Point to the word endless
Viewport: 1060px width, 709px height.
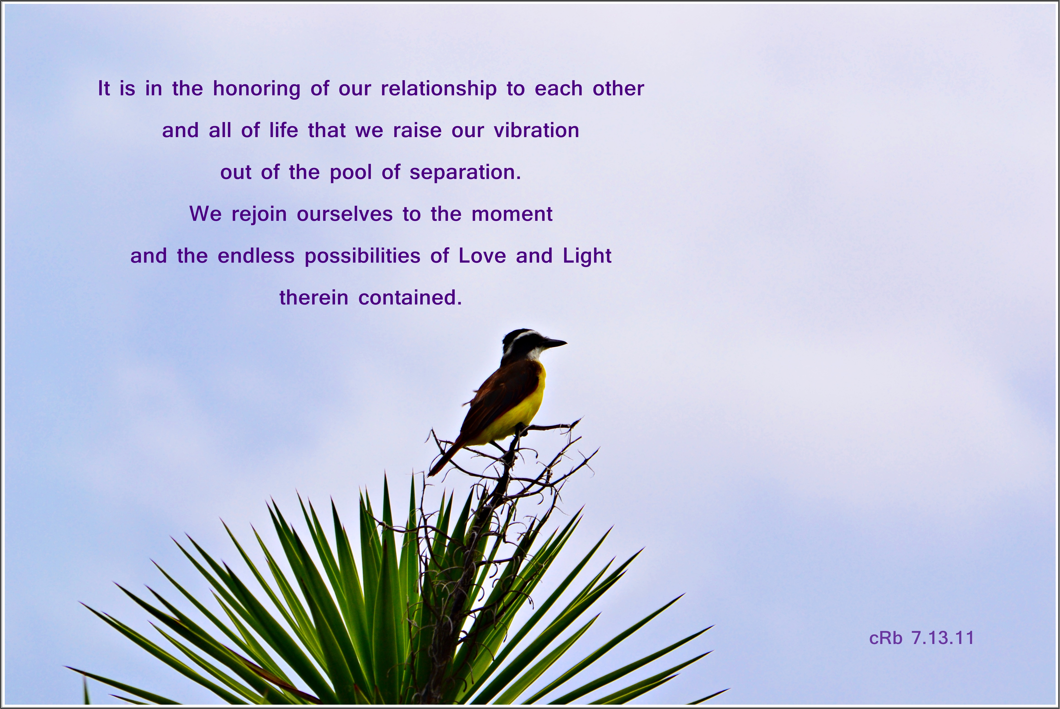[256, 256]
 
